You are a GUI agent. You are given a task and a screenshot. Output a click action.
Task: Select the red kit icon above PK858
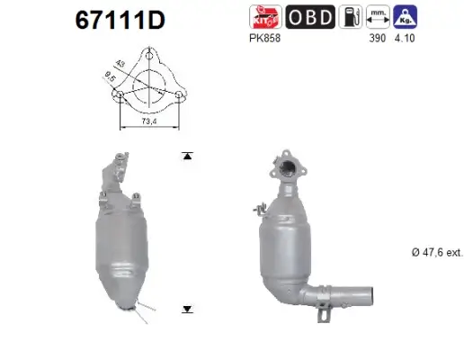point(266,15)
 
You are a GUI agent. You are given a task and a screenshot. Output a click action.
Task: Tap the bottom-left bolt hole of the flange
point(119,97)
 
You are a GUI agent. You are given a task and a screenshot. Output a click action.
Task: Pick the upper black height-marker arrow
point(187,157)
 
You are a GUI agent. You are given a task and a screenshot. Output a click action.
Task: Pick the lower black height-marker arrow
point(187,309)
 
